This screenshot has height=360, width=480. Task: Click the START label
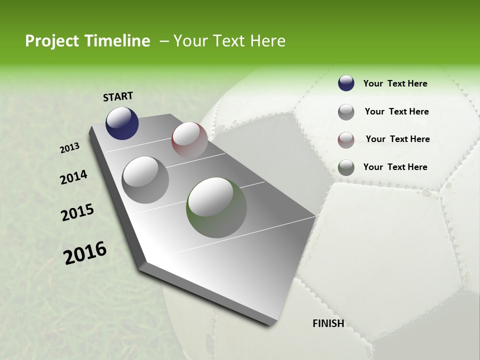tap(118, 96)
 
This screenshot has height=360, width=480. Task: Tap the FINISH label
tap(328, 323)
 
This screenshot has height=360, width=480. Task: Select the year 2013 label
tap(70, 147)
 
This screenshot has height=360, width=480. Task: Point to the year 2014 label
tap(73, 177)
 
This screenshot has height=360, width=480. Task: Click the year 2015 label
tap(77, 212)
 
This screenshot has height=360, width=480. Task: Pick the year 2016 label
tap(85, 253)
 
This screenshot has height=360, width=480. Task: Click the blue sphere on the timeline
tap(122, 123)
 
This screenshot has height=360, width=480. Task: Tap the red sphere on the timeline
tap(189, 139)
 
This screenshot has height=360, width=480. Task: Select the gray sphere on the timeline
tap(145, 179)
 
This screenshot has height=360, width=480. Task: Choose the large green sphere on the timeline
tap(216, 207)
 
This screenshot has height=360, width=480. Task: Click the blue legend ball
tap(346, 83)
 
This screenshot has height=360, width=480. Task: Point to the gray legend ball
tap(346, 112)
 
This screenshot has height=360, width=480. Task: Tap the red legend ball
tap(346, 140)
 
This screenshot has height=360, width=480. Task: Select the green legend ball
tap(346, 167)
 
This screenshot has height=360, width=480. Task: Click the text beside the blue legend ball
tap(395, 83)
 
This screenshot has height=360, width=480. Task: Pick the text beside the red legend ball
tap(397, 139)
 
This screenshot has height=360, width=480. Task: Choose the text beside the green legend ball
tap(395, 167)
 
